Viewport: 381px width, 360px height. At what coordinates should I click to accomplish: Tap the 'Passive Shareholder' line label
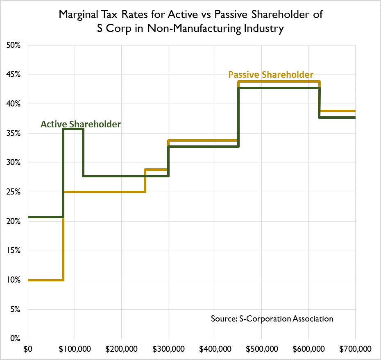(x=271, y=75)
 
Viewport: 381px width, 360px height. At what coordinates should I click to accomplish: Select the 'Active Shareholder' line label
(x=81, y=124)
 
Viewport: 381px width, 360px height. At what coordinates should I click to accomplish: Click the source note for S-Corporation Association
(x=272, y=318)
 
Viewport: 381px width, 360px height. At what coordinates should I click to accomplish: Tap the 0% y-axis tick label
(x=15, y=339)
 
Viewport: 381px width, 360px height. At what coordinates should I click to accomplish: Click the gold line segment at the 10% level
(x=45, y=280)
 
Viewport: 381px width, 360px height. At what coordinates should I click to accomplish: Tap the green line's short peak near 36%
(x=73, y=129)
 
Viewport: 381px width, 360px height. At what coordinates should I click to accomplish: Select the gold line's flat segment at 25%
(x=104, y=192)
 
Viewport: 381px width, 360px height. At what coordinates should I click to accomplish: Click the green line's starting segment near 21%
(x=45, y=217)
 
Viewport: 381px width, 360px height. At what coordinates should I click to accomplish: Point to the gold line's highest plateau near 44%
(x=279, y=82)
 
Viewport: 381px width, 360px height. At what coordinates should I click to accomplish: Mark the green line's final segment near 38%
(x=338, y=118)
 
